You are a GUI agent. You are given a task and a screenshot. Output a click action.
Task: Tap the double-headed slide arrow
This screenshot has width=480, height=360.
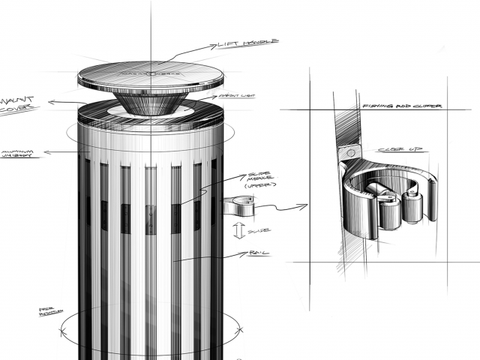[239, 229]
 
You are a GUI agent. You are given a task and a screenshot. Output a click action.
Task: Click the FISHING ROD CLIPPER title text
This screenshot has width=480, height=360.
[401, 106]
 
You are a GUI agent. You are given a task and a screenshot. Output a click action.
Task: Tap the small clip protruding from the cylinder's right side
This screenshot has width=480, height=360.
[238, 202]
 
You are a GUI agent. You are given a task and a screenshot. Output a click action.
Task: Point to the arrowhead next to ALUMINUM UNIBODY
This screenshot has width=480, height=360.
[47, 152]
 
